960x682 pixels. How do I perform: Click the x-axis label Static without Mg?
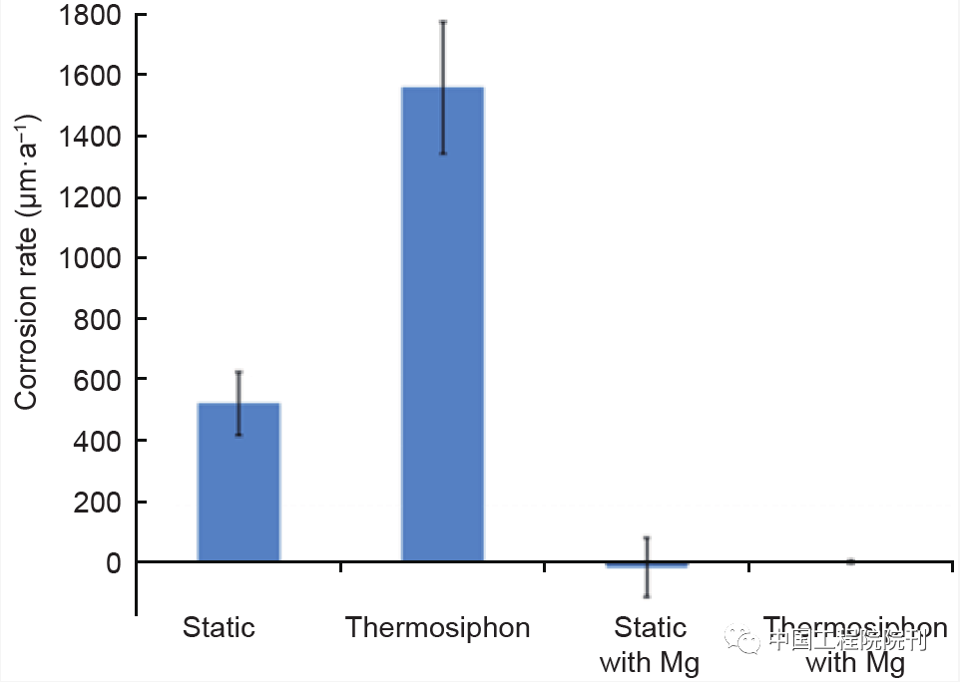click(x=219, y=628)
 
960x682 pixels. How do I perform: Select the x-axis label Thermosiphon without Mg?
click(x=437, y=628)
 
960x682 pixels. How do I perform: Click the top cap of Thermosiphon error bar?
click(x=442, y=21)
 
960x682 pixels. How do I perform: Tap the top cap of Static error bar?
click(x=239, y=372)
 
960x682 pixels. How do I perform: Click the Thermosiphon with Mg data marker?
click(x=850, y=561)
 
